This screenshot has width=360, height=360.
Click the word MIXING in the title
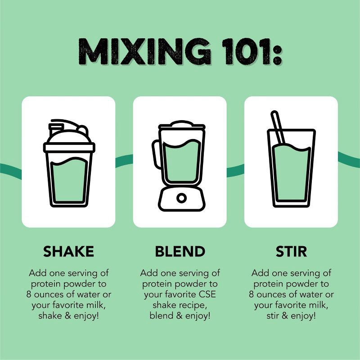pos(144,51)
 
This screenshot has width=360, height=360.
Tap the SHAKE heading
pos(69,252)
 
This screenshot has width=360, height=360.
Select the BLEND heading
pos(180,252)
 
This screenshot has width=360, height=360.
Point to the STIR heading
pos(291,252)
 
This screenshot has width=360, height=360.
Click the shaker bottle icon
pos(69,163)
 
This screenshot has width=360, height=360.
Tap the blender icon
pos(179,165)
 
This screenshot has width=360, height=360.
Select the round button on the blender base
pos(181,198)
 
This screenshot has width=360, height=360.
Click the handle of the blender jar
pos(155,154)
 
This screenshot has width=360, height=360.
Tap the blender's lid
pos(182,125)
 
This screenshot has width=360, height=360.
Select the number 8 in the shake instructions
pos(28,294)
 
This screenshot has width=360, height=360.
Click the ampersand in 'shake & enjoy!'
pos(68,316)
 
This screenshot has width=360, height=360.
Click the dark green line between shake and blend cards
pos(124,161)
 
